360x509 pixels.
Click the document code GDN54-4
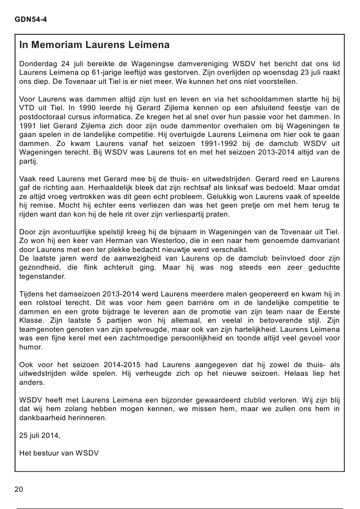[x=31, y=20]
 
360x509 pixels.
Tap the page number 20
[x=19, y=489]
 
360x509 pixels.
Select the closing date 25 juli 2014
[x=39, y=436]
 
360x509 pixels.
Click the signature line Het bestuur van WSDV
[x=59, y=453]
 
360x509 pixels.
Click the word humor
[x=30, y=347]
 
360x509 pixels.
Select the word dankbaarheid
[x=42, y=417]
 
